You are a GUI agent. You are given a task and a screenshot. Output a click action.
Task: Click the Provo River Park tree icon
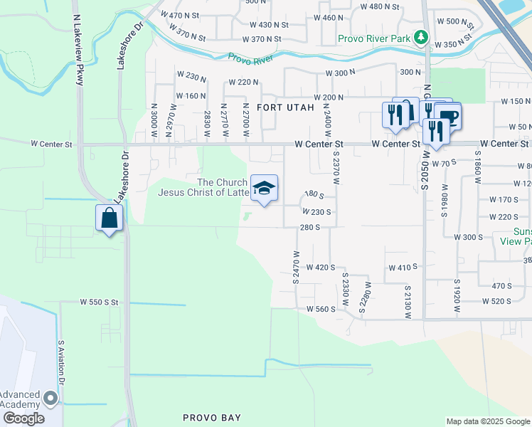click(422, 37)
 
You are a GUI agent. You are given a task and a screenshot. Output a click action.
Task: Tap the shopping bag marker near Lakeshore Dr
click(110, 218)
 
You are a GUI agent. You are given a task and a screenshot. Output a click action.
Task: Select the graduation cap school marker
click(264, 189)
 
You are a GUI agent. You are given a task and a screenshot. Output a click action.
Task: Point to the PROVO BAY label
click(212, 418)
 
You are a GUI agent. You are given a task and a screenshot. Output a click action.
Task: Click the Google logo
click(23, 418)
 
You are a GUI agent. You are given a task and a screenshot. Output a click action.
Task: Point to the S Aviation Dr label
click(61, 362)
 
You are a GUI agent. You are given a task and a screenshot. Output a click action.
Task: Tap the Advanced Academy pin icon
click(50, 398)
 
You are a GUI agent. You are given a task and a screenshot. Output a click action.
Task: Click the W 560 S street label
click(321, 309)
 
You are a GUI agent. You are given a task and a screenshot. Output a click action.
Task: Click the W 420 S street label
click(320, 268)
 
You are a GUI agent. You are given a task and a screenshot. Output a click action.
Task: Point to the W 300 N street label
click(340, 73)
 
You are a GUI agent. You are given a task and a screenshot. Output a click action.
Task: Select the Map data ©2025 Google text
click(488, 421)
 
